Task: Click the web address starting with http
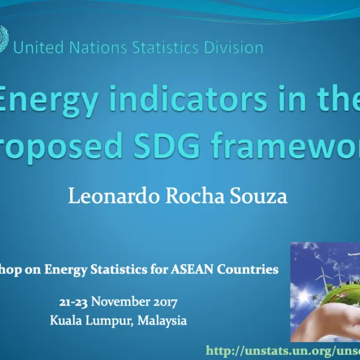pos(282,350)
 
